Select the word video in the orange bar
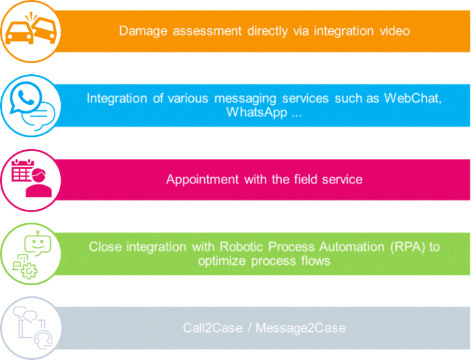394,30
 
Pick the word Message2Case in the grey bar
301,328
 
